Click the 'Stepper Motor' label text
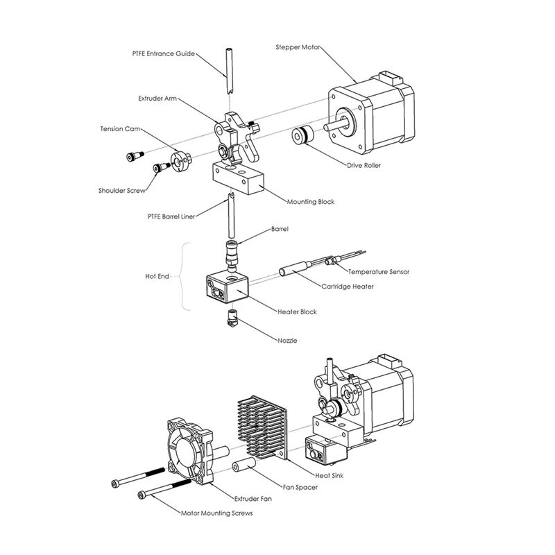tap(298, 47)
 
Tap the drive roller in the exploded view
tap(303, 135)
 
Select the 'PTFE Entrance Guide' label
tap(164, 54)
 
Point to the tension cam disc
tap(180, 161)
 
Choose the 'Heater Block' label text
tap(297, 311)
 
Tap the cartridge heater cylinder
tap(296, 268)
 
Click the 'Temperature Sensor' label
tap(378, 272)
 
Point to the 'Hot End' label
tap(157, 276)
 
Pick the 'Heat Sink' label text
tap(329, 475)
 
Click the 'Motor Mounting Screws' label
tap(216, 513)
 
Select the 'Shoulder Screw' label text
tap(122, 190)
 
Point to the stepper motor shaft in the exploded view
tap(336, 126)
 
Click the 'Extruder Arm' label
tap(157, 99)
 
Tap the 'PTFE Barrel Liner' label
tap(171, 216)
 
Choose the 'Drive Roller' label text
tap(364, 165)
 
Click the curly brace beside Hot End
tap(182, 276)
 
